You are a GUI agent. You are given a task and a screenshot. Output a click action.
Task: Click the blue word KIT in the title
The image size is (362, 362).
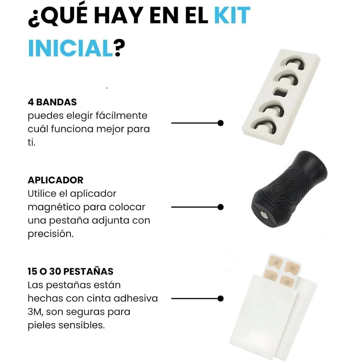tap(232, 15)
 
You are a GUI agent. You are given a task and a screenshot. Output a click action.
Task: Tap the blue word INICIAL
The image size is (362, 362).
tap(70, 48)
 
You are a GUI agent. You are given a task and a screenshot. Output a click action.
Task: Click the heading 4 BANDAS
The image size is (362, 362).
tap(52, 102)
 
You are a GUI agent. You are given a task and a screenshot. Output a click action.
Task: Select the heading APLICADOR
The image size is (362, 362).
tap(55, 180)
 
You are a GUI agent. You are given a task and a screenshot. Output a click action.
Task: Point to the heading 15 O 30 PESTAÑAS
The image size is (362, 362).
tap(71, 271)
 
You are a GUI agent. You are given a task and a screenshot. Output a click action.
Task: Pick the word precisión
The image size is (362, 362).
tap(51, 234)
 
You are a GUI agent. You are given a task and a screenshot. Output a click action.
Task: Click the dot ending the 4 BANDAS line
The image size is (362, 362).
tap(220, 123)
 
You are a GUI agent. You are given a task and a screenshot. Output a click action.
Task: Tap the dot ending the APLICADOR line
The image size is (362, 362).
tap(220, 207)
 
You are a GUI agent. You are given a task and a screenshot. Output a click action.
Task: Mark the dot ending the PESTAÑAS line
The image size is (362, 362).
tap(220, 299)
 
